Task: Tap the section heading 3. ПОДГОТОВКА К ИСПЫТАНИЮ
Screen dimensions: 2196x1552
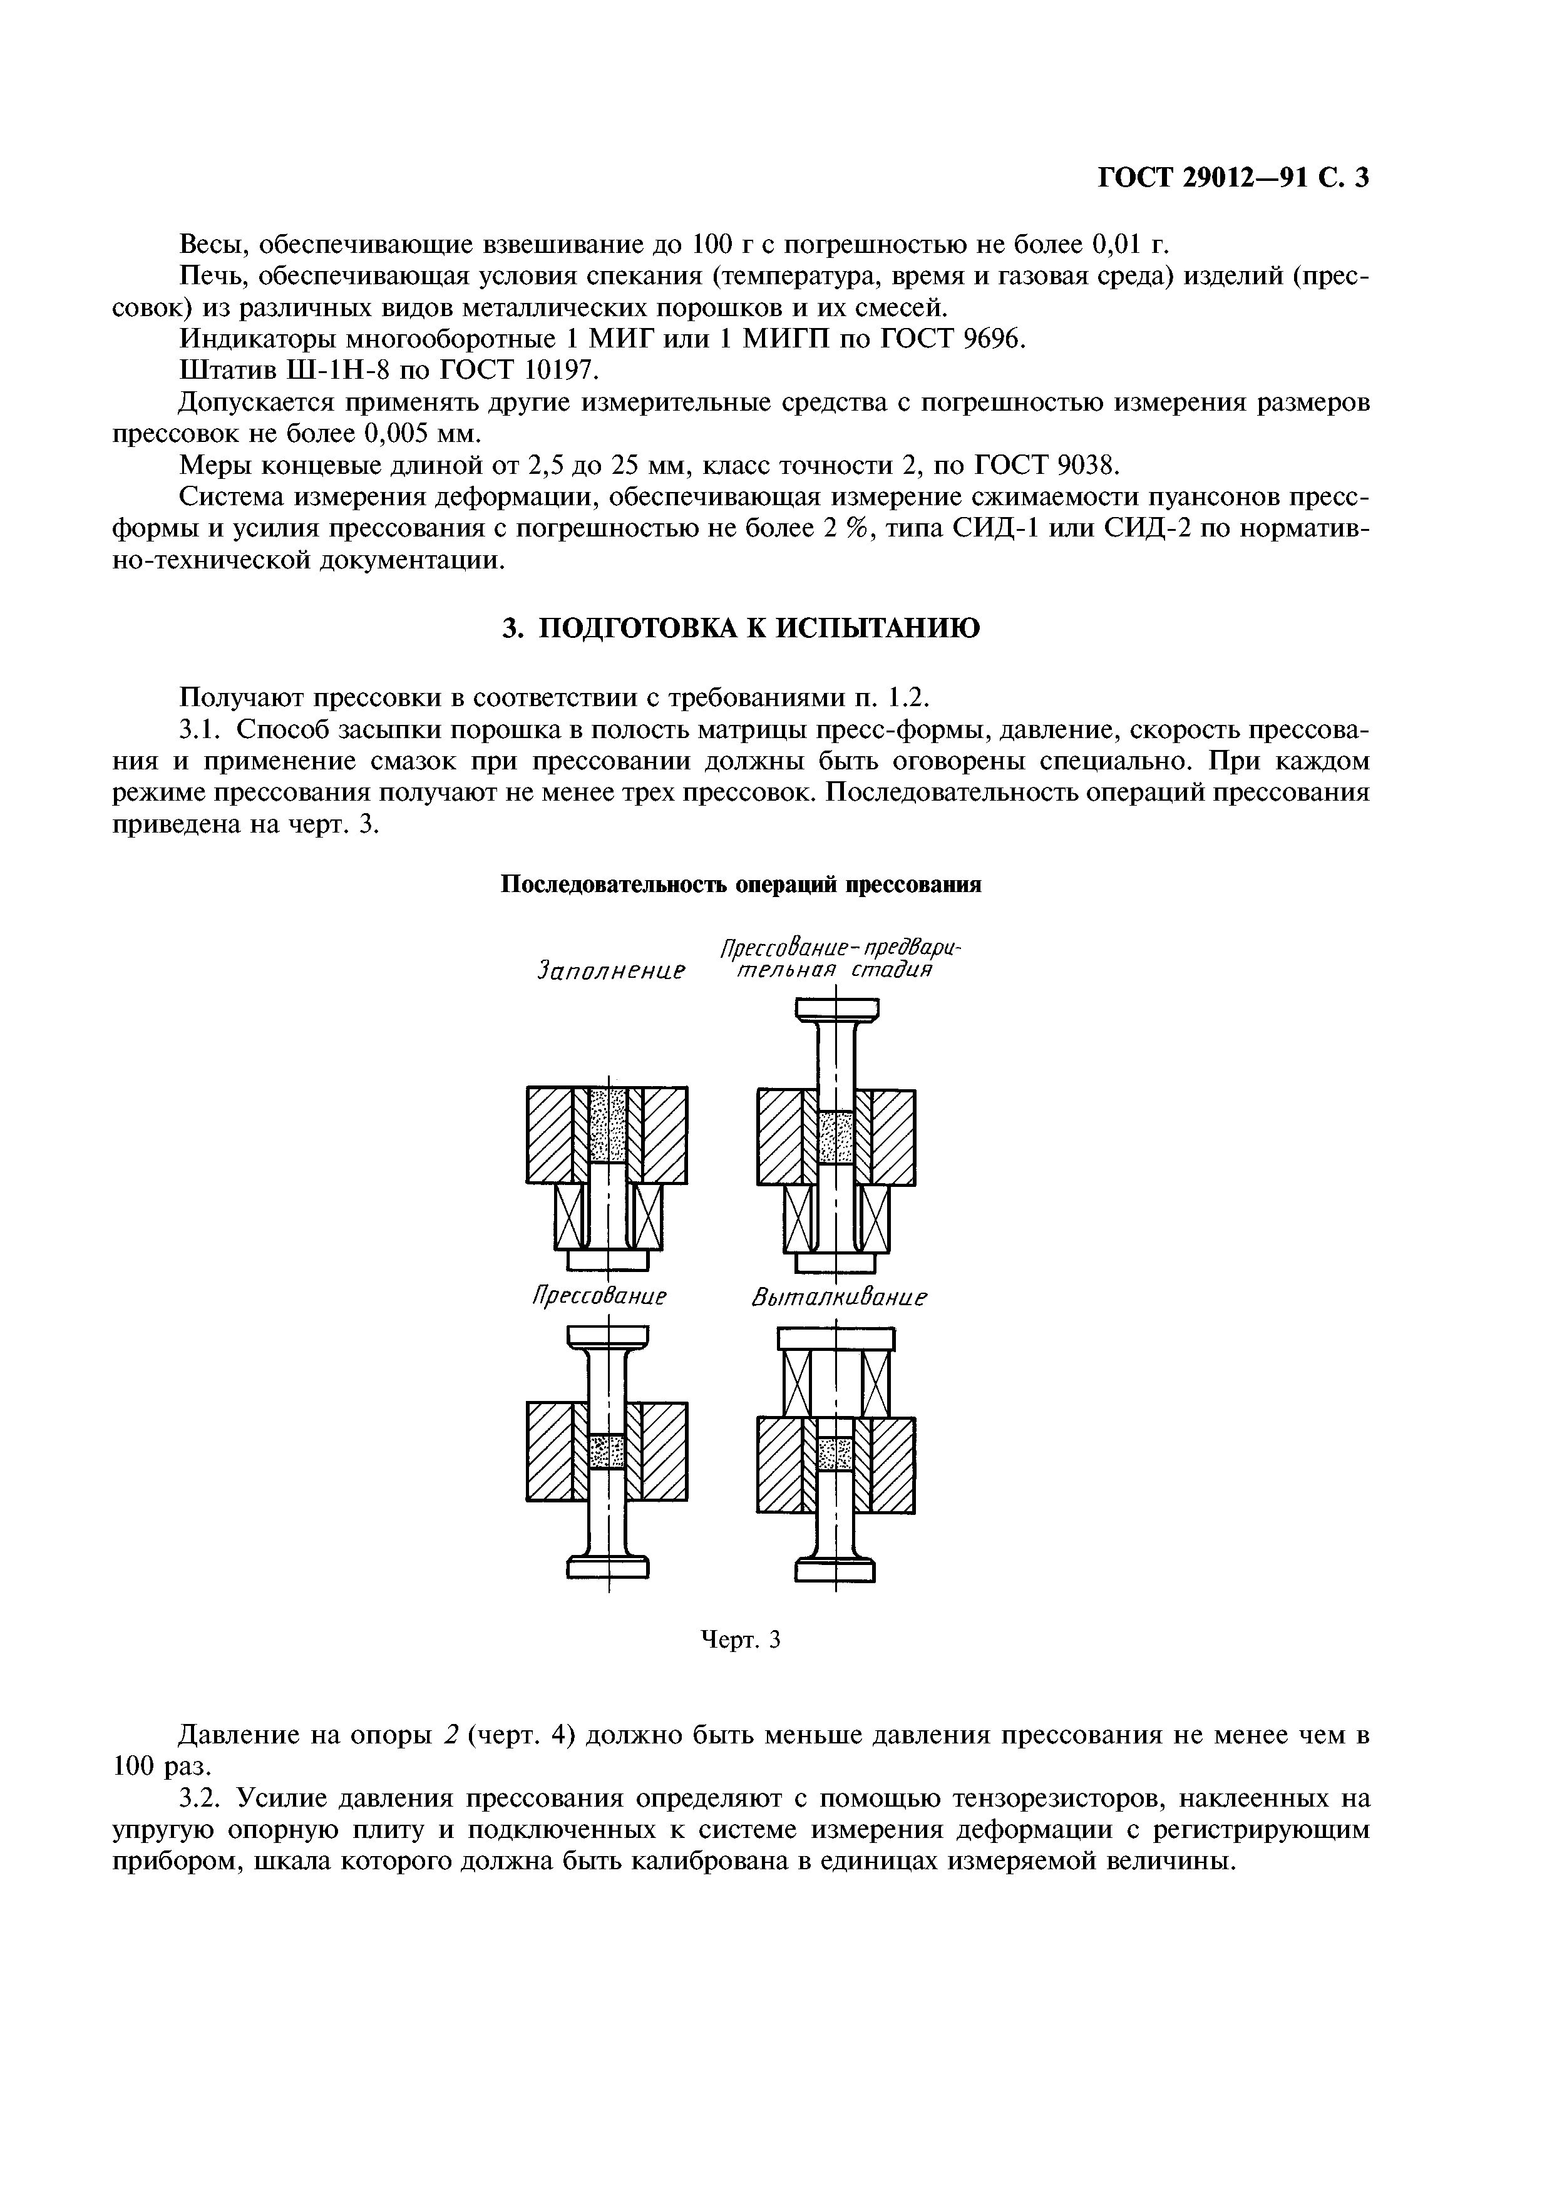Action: point(741,629)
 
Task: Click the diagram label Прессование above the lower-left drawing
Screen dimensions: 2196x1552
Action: point(598,1297)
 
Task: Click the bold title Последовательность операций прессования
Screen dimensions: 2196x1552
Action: point(742,885)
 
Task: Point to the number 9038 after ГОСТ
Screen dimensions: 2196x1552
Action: point(1086,465)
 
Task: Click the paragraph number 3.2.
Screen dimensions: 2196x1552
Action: point(202,1799)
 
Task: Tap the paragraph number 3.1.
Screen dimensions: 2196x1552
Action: point(202,730)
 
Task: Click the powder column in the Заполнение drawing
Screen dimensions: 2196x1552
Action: point(607,1125)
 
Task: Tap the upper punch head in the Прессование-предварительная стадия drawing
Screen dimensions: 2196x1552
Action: point(836,1009)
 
